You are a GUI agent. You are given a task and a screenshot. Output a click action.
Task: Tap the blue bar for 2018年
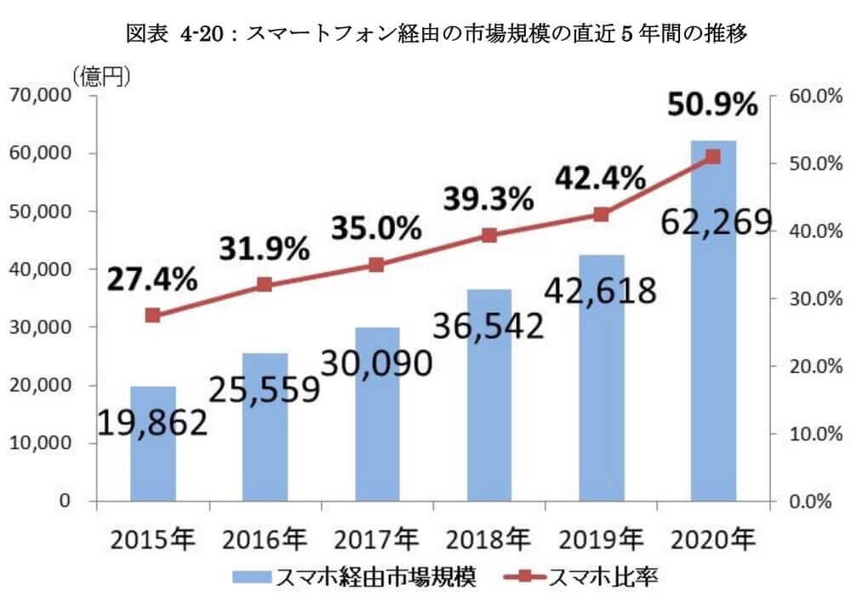[489, 408]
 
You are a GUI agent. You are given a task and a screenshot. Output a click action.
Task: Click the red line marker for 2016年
[265, 285]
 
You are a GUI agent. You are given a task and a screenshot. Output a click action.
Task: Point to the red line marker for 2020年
[713, 156]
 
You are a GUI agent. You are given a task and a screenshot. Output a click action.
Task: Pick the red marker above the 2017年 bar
[377, 265]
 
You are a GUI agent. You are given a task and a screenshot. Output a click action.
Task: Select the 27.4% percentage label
[152, 278]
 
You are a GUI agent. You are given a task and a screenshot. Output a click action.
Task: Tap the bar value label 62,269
[713, 223]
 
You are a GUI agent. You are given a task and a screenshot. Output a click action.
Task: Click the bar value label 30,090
[376, 363]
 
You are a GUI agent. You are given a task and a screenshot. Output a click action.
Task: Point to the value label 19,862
[152, 421]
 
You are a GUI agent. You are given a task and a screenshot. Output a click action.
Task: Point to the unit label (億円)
[101, 77]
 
